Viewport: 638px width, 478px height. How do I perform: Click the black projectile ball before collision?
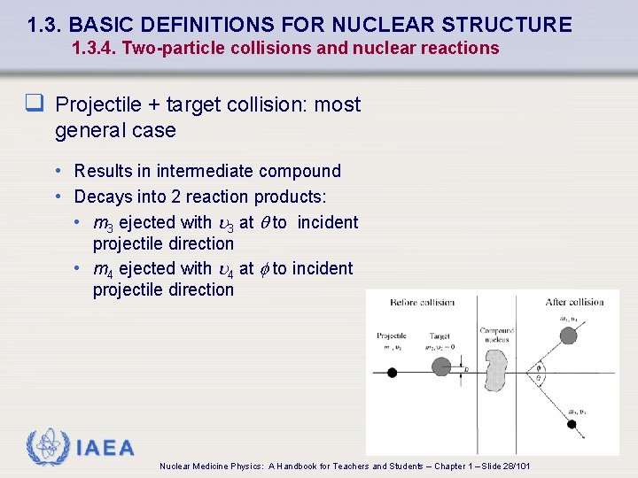392,373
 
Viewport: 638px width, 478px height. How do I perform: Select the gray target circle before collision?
441,366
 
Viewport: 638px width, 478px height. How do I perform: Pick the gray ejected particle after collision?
569,335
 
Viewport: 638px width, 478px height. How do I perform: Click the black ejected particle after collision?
572,424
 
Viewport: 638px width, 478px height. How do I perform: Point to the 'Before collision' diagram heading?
423,303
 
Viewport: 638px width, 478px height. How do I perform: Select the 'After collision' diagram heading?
574,303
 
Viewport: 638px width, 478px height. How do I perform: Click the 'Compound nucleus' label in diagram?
496,335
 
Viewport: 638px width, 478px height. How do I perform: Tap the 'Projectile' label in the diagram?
392,336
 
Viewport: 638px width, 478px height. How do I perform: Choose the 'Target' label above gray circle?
440,336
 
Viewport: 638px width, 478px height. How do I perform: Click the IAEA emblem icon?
45,447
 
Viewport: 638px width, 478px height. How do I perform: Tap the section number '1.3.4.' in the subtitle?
94,49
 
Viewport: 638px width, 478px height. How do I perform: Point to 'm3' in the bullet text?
103,223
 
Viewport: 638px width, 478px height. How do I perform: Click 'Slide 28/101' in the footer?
506,466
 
